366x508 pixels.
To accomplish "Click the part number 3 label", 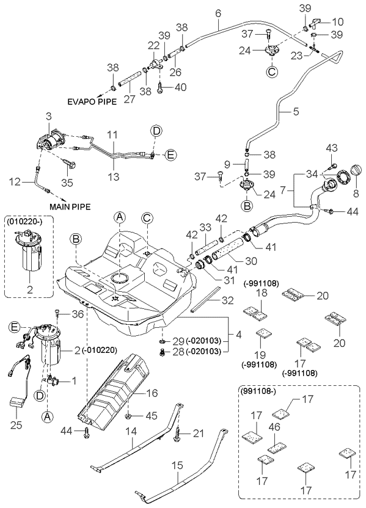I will point(48,115).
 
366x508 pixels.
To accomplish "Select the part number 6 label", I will point(217,12).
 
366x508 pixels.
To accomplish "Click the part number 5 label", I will point(296,112).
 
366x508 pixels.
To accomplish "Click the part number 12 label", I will point(13,181).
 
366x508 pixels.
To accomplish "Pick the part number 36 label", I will point(76,314).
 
